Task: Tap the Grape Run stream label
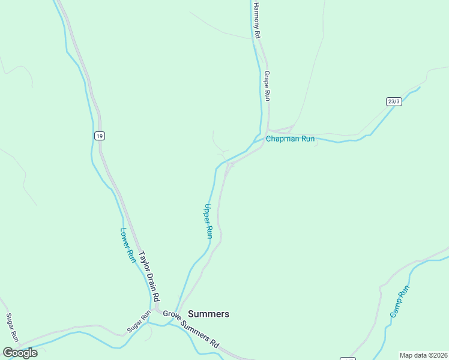[267, 86]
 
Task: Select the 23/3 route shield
[394, 102]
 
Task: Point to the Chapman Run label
[290, 139]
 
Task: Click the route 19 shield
[99, 136]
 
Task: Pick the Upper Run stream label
[208, 221]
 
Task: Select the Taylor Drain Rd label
[149, 276]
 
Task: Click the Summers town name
[208, 314]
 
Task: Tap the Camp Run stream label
[399, 302]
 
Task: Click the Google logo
[19, 353]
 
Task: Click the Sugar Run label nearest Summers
[138, 323]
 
